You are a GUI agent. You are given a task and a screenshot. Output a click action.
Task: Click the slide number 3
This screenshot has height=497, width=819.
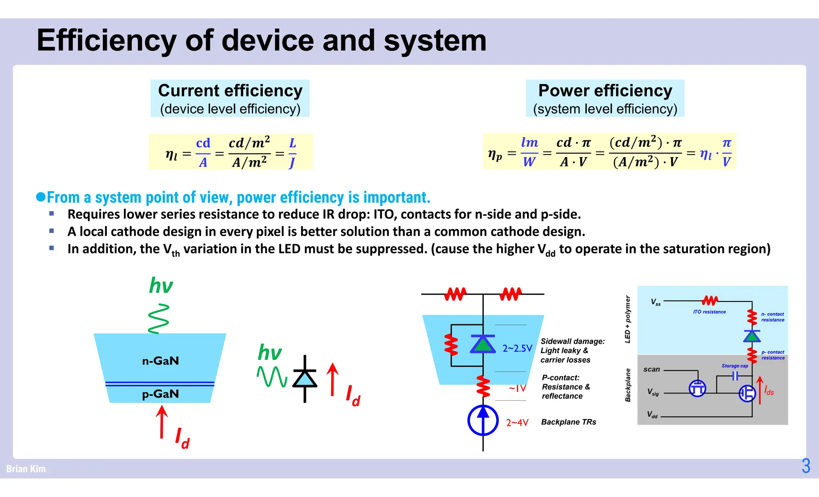(x=806, y=466)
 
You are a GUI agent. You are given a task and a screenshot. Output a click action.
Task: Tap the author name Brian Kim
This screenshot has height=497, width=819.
(x=26, y=469)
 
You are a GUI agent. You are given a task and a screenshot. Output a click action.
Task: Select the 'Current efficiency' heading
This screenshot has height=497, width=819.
(x=230, y=91)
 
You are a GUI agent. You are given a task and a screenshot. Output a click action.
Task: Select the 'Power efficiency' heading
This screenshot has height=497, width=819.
(x=605, y=91)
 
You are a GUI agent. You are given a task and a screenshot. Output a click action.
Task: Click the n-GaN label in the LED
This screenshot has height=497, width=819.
(x=160, y=361)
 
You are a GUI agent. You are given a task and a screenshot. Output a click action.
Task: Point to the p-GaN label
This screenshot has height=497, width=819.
(x=160, y=394)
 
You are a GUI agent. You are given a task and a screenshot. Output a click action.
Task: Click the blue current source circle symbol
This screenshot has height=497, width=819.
(x=483, y=420)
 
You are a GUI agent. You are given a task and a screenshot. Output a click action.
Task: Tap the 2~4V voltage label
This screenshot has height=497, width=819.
(x=517, y=423)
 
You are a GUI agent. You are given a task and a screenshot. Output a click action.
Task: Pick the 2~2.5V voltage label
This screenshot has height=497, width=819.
(x=517, y=349)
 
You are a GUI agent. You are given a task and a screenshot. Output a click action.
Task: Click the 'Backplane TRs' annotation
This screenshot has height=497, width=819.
(x=568, y=422)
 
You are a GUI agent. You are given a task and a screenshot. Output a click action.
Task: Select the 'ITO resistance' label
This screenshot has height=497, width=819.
(x=709, y=312)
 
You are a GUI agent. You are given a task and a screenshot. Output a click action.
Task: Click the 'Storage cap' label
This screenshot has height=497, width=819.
(x=735, y=366)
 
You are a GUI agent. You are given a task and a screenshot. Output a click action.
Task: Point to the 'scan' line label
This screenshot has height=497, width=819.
(x=651, y=369)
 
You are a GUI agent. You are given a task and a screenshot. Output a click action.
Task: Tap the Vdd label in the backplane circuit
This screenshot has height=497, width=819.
(x=652, y=415)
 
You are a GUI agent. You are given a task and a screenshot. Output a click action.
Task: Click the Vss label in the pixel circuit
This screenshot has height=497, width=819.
(x=656, y=302)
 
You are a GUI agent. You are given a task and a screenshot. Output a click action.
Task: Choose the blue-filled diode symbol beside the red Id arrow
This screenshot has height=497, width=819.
(x=305, y=378)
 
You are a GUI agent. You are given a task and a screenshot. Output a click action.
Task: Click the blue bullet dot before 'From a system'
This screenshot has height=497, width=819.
(x=41, y=197)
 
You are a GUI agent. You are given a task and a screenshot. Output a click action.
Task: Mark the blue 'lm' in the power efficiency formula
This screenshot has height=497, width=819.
(x=529, y=142)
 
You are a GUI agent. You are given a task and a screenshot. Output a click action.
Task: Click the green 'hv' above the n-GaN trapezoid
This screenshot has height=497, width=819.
(x=161, y=286)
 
